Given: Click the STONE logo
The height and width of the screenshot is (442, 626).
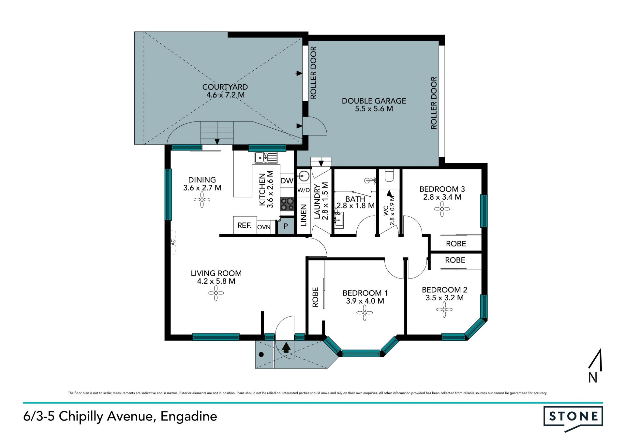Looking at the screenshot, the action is click(573, 419).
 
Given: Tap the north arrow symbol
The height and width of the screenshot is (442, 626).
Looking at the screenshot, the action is click(595, 365).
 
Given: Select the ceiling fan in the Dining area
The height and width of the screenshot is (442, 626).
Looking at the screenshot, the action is click(202, 199).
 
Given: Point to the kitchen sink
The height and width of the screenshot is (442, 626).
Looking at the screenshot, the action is click(266, 158).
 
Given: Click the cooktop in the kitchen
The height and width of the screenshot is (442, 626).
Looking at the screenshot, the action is click(287, 204).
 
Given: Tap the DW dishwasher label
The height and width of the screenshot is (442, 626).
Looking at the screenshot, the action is click(287, 181).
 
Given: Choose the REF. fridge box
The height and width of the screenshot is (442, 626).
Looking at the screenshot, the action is click(245, 225).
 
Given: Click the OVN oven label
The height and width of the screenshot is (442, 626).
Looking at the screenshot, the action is click(264, 227).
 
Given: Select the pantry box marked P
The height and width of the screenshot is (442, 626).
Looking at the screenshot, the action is click(286, 226).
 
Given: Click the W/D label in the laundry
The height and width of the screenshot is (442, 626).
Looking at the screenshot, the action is click(304, 190).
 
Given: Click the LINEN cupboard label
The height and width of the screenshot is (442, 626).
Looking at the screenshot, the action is click(304, 215).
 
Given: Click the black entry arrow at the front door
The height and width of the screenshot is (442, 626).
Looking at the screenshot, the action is click(286, 347).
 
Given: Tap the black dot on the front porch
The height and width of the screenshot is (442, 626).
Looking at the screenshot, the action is click(261, 354).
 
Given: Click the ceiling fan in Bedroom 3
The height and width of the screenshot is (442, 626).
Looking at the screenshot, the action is click(442, 209).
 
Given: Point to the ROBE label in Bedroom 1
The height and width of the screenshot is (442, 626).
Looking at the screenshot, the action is click(315, 297).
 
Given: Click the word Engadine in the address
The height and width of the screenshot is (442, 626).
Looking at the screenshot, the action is click(189, 417).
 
